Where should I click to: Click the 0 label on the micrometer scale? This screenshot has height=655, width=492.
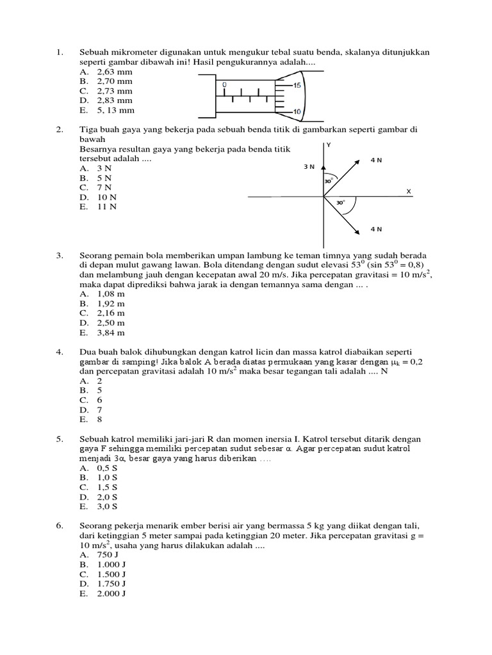pyautogui.click(x=224, y=84)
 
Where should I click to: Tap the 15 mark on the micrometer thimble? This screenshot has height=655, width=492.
pyautogui.click(x=297, y=85)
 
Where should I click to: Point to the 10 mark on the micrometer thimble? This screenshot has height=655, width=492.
pyautogui.click(x=297, y=112)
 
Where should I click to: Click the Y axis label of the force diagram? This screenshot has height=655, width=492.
pyautogui.click(x=329, y=145)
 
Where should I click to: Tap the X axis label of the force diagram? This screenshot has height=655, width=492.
pyautogui.click(x=408, y=191)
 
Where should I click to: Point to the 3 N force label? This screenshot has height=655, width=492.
pyautogui.click(x=309, y=166)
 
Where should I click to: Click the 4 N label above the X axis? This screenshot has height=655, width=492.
pyautogui.click(x=376, y=160)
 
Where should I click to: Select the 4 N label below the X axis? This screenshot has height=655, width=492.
pyautogui.click(x=376, y=228)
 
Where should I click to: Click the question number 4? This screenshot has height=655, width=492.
pyautogui.click(x=59, y=352)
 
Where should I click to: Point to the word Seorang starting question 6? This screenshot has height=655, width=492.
pyautogui.click(x=96, y=526)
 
